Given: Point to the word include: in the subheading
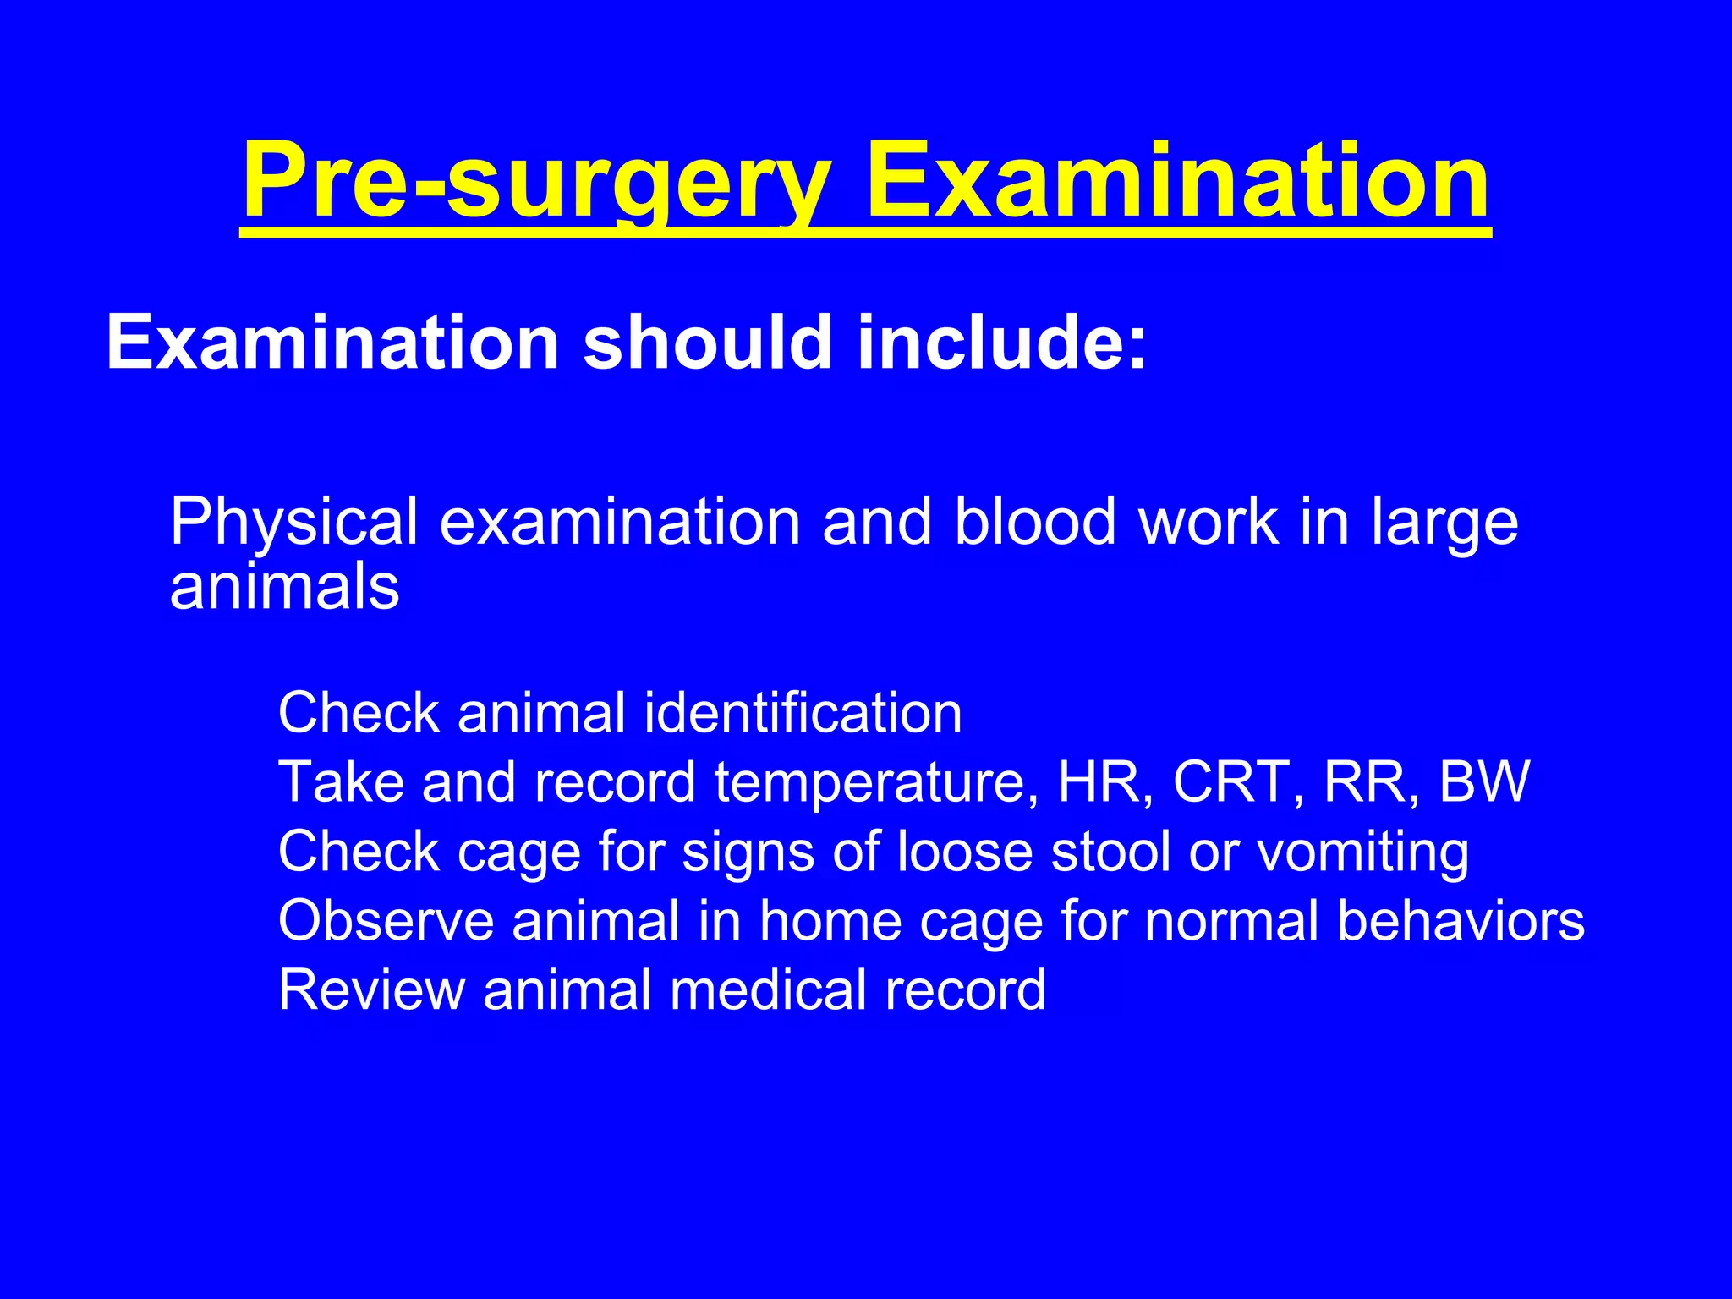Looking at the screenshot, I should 1002,343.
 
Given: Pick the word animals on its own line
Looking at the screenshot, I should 284,587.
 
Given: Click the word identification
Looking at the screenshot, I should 803,712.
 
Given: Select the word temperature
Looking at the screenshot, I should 875,782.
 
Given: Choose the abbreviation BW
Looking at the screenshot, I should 1484,781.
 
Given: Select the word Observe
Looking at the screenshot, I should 386,920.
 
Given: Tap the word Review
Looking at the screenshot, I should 371,989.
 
